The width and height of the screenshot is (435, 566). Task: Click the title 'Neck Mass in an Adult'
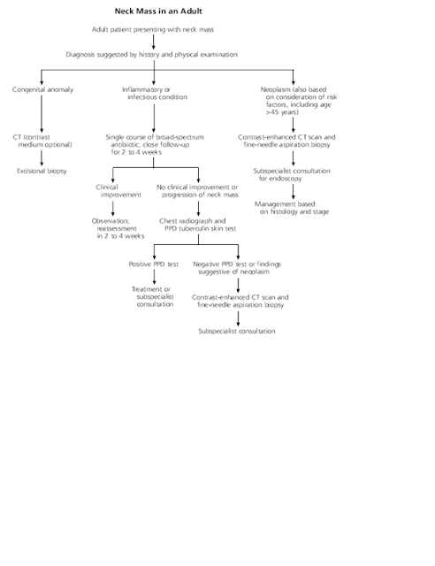tap(158, 11)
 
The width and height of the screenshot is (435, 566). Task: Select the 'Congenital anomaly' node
tap(42, 89)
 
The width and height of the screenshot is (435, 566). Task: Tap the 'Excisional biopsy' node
tap(42, 171)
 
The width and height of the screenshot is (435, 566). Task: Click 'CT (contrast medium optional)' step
tap(42, 141)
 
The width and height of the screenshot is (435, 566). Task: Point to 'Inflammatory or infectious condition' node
tap(155, 93)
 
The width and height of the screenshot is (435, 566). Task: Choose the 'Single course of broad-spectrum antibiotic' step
tap(155, 144)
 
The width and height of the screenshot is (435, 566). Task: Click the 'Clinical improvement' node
tap(118, 191)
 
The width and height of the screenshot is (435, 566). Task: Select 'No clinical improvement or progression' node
tap(197, 191)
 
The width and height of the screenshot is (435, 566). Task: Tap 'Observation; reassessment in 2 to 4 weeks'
tap(118, 228)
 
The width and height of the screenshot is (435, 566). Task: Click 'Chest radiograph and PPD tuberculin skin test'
tap(198, 225)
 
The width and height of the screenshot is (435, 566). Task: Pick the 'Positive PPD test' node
tap(154, 264)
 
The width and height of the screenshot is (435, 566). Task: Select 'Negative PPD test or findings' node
tap(237, 268)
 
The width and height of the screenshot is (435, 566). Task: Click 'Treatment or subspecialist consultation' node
tap(153, 297)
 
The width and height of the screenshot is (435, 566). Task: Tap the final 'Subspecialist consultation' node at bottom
tap(237, 331)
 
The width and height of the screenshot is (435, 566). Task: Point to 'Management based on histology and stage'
tap(292, 208)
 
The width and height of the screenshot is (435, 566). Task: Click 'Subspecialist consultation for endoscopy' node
tap(292, 174)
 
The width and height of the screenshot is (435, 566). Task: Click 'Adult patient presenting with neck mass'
tap(153, 29)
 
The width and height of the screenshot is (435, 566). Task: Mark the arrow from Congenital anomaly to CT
tap(42, 114)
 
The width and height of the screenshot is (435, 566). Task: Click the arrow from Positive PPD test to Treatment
tap(154, 277)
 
